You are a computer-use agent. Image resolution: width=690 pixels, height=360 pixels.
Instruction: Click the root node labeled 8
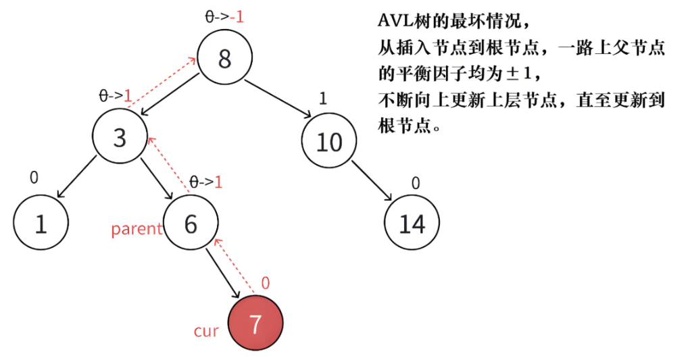[225, 58]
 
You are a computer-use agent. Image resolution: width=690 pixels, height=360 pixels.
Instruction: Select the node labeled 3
[120, 138]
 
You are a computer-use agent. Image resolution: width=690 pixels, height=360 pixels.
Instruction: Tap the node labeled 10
[329, 142]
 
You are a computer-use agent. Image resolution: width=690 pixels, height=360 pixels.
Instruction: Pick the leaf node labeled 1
[41, 224]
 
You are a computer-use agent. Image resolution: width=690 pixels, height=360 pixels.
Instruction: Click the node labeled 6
[191, 224]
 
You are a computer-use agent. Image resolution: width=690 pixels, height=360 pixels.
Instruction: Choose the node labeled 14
[412, 224]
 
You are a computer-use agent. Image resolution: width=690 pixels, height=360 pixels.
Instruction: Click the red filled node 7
[255, 325]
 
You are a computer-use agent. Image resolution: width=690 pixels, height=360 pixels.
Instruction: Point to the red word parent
[137, 229]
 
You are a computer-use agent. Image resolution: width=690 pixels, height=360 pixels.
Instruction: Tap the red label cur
[206, 331]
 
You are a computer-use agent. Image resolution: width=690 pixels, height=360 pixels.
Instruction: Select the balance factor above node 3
[114, 96]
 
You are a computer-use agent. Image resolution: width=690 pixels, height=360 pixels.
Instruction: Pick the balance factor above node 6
[205, 181]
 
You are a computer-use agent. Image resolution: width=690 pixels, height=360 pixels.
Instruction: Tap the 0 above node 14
[416, 182]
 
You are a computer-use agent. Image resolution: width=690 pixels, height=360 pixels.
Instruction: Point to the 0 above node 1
[34, 177]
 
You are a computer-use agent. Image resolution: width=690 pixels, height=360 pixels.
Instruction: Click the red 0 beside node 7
[265, 283]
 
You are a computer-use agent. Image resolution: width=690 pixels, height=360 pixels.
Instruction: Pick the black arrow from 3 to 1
[76, 177]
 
